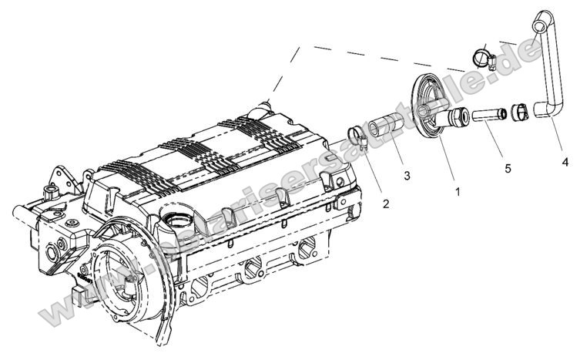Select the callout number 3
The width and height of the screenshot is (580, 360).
pos(406,176)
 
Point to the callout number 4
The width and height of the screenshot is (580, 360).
pos(565,162)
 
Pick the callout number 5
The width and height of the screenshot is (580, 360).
pos(508,167)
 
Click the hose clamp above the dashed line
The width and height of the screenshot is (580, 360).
pos(483,57)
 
